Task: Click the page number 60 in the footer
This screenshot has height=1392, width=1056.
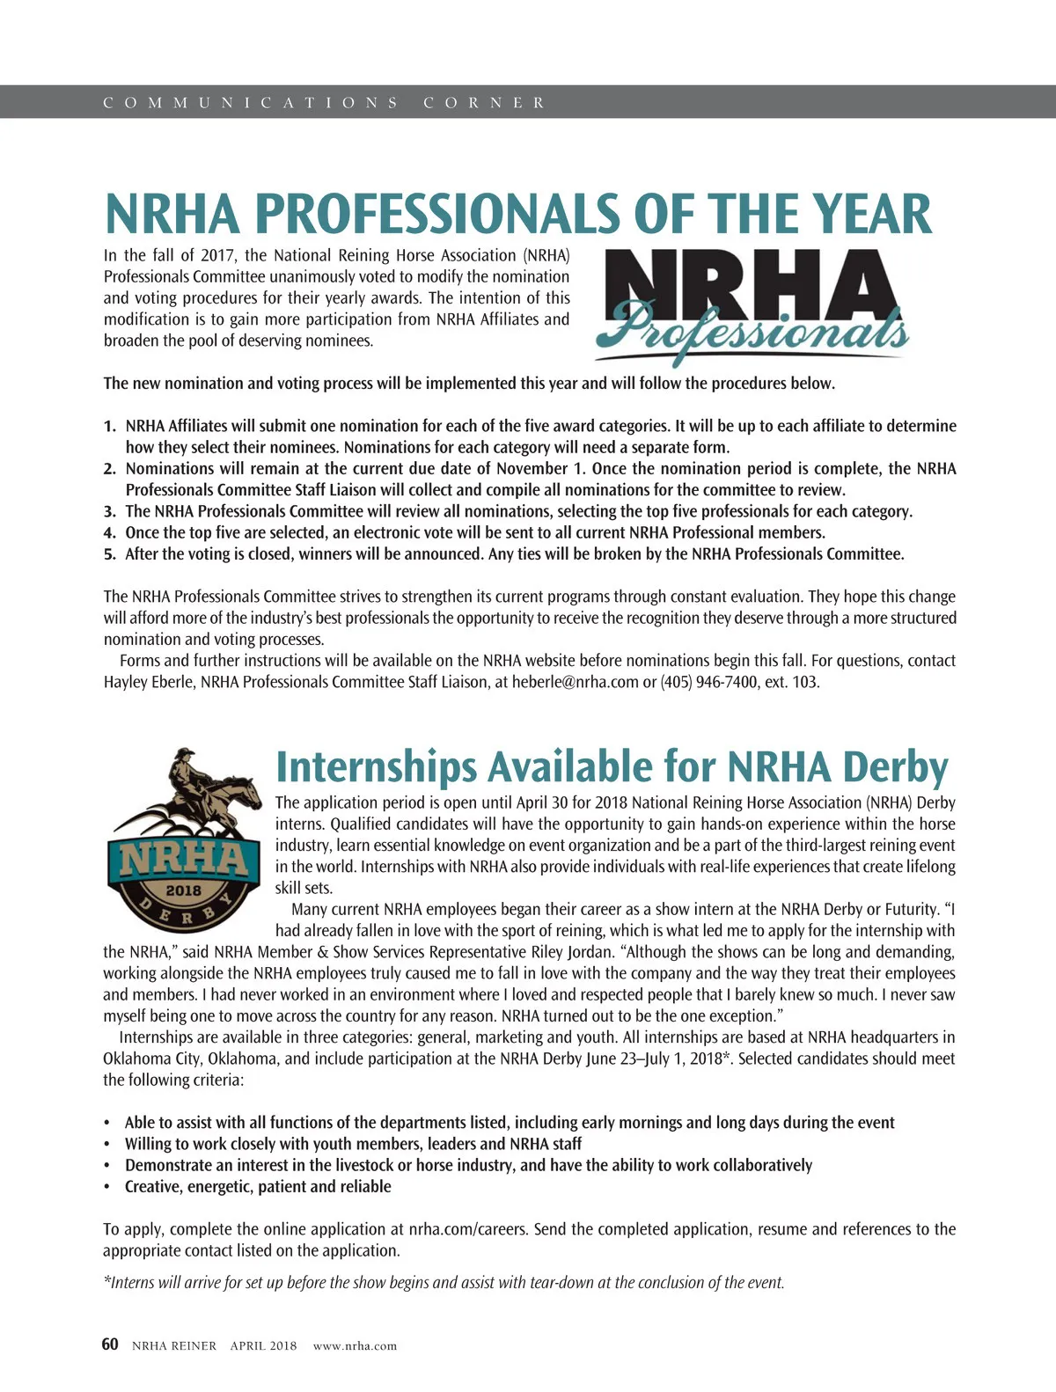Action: (x=110, y=1344)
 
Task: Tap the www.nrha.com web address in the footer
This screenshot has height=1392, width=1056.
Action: (x=355, y=1345)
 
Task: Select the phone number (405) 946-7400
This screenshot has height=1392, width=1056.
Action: (x=709, y=682)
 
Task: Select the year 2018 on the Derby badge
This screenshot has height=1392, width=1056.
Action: (x=184, y=890)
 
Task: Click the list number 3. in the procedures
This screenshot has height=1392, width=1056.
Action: (x=110, y=511)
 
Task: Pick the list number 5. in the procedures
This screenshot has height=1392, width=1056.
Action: (x=110, y=554)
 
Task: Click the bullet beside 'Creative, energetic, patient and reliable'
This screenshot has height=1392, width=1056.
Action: (x=107, y=1187)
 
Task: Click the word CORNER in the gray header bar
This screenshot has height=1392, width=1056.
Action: (x=484, y=103)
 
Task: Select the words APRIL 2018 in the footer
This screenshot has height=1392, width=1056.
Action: (x=263, y=1345)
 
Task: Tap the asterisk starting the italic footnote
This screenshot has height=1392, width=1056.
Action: (x=106, y=1281)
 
